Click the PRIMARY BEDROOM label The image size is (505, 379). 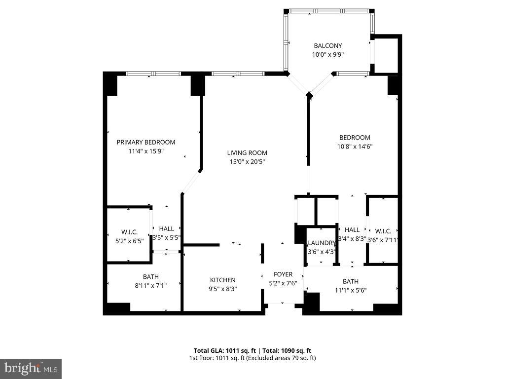(145, 142)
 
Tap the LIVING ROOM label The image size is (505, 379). (247, 153)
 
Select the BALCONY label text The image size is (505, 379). (328, 46)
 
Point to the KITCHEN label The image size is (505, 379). (223, 280)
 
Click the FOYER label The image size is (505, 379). (283, 274)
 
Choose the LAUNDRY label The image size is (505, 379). (321, 243)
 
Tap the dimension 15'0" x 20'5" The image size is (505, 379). (247, 162)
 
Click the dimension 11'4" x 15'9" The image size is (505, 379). (145, 151)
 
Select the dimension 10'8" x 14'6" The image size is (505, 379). (354, 147)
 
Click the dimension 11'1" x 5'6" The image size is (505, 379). (351, 290)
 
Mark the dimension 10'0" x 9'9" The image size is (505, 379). (328, 55)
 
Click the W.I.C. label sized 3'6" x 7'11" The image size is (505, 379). (383, 231)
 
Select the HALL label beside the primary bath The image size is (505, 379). (167, 228)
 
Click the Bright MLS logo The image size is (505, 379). (31, 368)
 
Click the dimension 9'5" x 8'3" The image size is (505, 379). (223, 289)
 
